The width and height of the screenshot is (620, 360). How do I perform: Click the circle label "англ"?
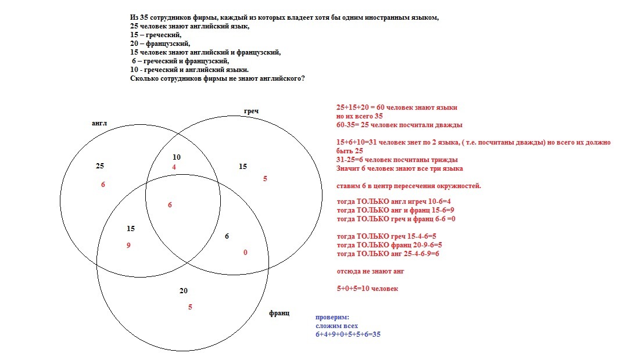99,124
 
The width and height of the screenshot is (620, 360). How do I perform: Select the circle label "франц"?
279,313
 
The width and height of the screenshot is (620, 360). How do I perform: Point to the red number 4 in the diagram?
174,167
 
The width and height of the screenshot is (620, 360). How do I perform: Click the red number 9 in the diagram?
128,246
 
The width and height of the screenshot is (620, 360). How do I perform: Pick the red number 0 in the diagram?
245,253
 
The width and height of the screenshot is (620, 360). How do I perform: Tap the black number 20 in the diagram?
184,290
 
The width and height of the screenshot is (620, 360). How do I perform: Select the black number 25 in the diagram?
100,166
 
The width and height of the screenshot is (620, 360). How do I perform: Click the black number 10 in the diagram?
177,157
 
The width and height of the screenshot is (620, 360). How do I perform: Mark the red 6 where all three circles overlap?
170,205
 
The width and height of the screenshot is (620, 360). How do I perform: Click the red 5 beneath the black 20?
190,307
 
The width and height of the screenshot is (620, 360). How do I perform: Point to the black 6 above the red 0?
227,236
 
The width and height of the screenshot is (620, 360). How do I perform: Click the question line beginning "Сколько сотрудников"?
217,78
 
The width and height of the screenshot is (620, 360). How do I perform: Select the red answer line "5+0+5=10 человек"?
367,289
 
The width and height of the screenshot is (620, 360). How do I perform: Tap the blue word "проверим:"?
332,318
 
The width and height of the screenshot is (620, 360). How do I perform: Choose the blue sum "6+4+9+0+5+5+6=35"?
347,334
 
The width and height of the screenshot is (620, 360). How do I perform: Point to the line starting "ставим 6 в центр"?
408,186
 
